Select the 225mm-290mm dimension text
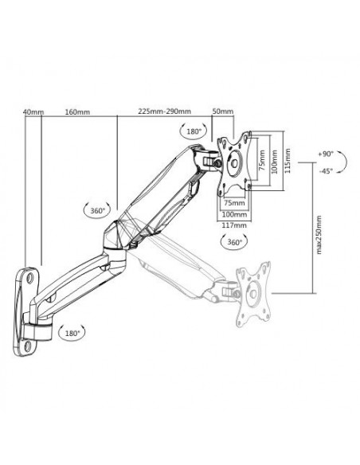[163, 112]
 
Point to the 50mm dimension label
[223, 112]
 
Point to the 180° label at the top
[194, 130]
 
